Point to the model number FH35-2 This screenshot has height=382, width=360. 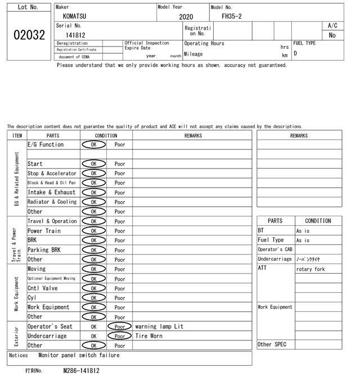[x=232, y=16]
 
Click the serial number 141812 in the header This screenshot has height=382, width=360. [x=75, y=35]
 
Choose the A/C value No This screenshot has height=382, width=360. [x=332, y=35]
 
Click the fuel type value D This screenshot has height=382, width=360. [x=295, y=53]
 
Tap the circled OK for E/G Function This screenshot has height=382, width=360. [x=93, y=144]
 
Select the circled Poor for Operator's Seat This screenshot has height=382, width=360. [x=120, y=326]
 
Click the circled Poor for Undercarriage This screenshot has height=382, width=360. [x=120, y=336]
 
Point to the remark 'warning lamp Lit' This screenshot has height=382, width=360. [x=159, y=326]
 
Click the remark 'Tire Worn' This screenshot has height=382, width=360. [x=149, y=336]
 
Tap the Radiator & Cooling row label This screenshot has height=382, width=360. [x=52, y=202]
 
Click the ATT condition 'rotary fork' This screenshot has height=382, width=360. [x=310, y=269]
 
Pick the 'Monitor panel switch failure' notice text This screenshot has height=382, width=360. [x=79, y=355]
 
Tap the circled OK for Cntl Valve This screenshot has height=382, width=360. [x=93, y=288]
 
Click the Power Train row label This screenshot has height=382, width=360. [x=44, y=231]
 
